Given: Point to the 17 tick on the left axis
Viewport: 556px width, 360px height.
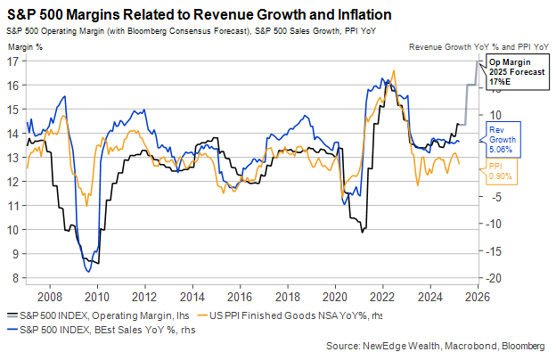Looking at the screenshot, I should pos(12,61).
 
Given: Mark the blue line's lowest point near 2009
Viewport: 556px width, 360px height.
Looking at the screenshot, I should pos(87,272).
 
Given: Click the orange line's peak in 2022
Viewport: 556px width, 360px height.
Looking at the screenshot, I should pos(394,70).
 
